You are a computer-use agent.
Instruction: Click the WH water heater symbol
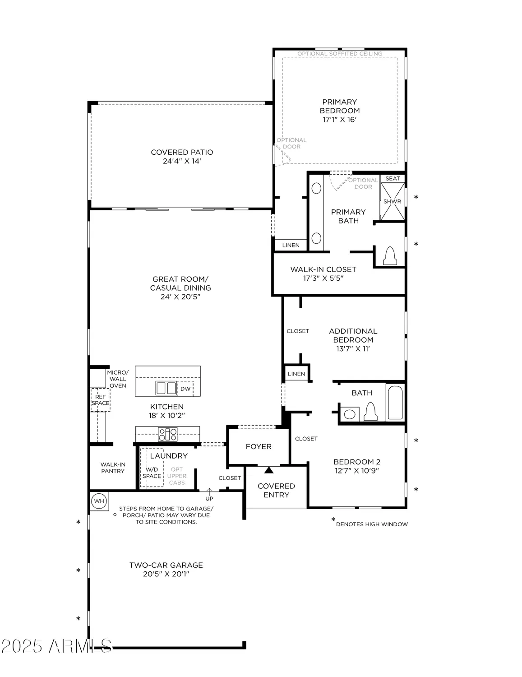(99, 501)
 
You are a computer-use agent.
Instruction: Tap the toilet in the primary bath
(390, 256)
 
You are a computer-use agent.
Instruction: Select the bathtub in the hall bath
(395, 403)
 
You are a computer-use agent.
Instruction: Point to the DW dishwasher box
(185, 389)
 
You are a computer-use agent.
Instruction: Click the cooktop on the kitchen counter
(167, 435)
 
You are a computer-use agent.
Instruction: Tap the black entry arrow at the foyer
(269, 470)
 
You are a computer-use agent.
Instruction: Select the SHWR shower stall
(392, 202)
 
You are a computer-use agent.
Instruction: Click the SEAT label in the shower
(393, 178)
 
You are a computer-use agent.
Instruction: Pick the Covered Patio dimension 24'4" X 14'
(182, 161)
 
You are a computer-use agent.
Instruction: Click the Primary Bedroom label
(339, 106)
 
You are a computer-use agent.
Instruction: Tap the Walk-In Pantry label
(113, 468)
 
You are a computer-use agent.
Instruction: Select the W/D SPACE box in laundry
(152, 473)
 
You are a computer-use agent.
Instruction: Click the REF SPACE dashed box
(100, 400)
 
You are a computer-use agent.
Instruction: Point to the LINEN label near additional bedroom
(296, 374)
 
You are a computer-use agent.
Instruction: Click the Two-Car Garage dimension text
(166, 574)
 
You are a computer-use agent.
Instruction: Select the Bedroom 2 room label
(356, 462)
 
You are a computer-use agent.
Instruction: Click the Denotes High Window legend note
(371, 524)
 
